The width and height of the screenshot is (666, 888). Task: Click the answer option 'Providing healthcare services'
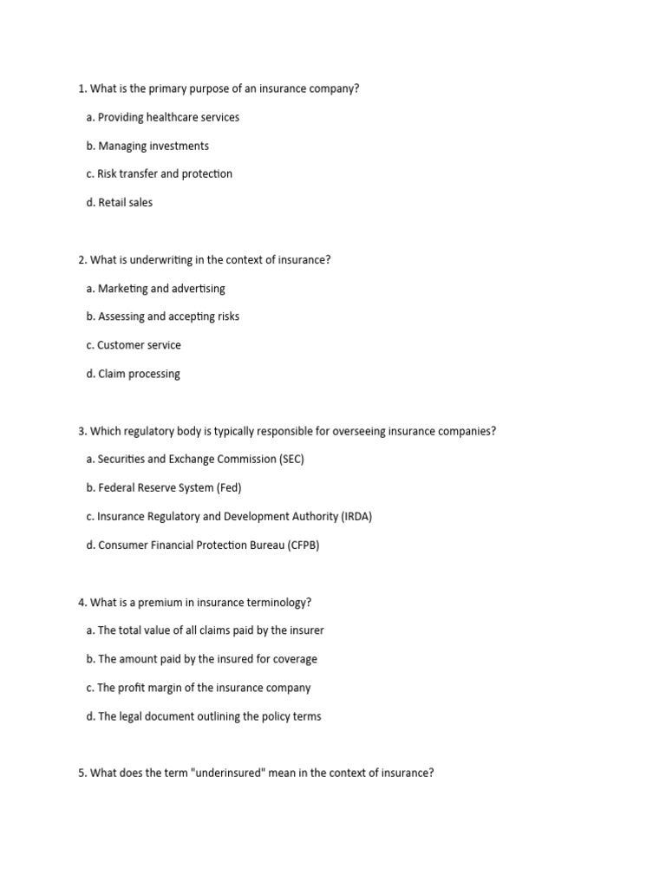point(168,117)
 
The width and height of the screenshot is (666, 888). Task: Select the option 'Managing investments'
point(153,146)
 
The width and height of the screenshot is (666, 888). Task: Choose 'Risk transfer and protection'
point(165,173)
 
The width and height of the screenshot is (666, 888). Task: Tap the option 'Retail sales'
point(125,202)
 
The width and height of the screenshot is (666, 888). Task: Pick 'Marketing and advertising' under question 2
point(161,288)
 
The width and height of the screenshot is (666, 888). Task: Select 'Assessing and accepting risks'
point(168,317)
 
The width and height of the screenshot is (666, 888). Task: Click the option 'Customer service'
point(139,345)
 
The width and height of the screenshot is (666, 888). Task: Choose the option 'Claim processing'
point(139,374)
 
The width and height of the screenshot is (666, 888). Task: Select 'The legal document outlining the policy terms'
point(209,716)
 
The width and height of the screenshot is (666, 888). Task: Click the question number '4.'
point(82,602)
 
